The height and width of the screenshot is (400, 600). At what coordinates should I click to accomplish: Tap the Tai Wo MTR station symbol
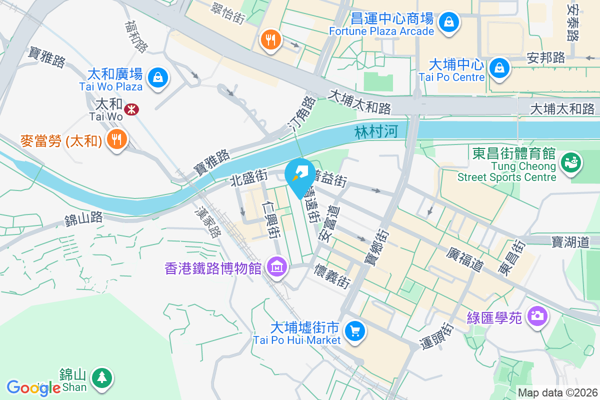tap(132, 109)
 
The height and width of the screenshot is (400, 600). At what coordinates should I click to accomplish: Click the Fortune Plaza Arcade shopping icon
tap(449, 22)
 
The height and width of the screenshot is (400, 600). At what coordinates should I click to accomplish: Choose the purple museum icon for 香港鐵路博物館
tap(276, 267)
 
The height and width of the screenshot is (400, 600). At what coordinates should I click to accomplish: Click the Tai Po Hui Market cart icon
tap(355, 331)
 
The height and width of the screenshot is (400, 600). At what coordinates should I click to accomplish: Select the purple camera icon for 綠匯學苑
tap(538, 316)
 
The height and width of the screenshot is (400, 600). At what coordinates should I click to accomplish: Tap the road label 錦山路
tap(83, 218)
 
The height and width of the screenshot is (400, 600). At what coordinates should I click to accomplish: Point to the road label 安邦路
tap(546, 57)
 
